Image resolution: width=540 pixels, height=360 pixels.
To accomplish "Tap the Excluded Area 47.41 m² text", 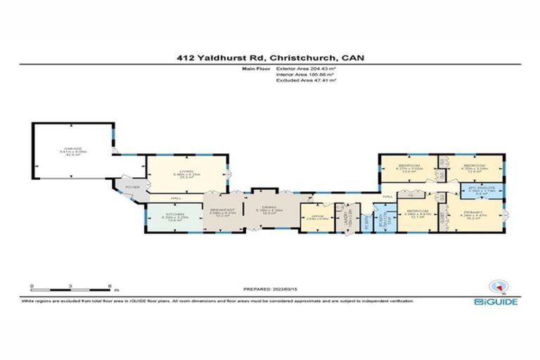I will [307, 81].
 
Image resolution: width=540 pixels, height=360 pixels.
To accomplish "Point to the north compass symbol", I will [497, 286].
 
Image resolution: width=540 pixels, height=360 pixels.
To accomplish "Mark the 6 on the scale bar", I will [110, 286].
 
